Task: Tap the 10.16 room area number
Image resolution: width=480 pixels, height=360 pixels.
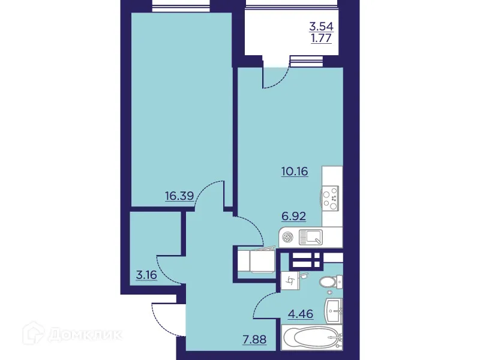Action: click(x=294, y=172)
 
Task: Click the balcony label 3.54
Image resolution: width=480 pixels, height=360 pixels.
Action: click(x=320, y=26)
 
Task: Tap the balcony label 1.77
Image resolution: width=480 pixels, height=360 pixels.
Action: click(x=320, y=40)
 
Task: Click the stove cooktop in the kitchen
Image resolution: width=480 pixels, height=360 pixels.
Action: click(x=330, y=198)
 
